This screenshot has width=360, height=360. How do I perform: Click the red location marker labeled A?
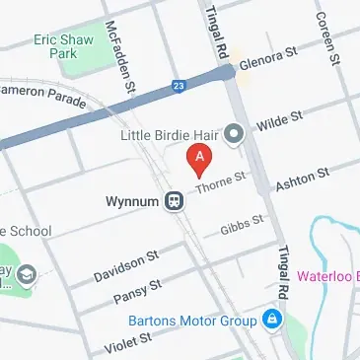pos(200,159)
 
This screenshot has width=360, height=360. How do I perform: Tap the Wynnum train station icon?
pos(174,200)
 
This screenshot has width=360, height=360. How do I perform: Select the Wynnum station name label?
pos(132,201)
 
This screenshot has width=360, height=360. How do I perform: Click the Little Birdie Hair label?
pos(169,133)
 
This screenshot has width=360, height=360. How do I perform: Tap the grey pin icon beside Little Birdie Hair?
pos(234,133)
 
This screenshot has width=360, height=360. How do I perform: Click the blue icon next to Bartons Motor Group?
pos(270,321)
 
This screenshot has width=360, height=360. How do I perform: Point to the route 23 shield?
pos(179,86)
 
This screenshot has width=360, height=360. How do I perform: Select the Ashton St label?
pos(301,179)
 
